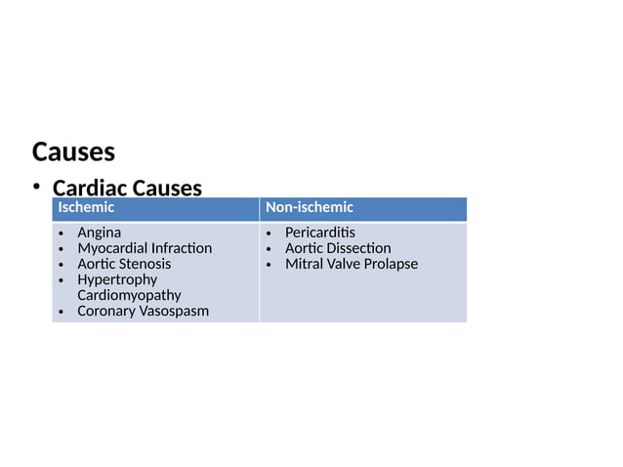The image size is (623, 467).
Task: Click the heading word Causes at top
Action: (x=73, y=152)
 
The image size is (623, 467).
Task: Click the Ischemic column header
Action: (x=86, y=208)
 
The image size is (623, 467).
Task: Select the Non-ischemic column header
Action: (x=310, y=208)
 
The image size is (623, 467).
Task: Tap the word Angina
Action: (x=100, y=233)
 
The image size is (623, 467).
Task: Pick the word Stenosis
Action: (x=145, y=264)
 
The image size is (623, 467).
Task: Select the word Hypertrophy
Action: (x=117, y=279)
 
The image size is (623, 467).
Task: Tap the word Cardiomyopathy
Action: (x=129, y=295)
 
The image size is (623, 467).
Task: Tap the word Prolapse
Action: (x=390, y=264)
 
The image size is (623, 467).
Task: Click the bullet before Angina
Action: (x=62, y=233)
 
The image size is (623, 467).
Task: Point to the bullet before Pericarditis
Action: (x=270, y=233)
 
